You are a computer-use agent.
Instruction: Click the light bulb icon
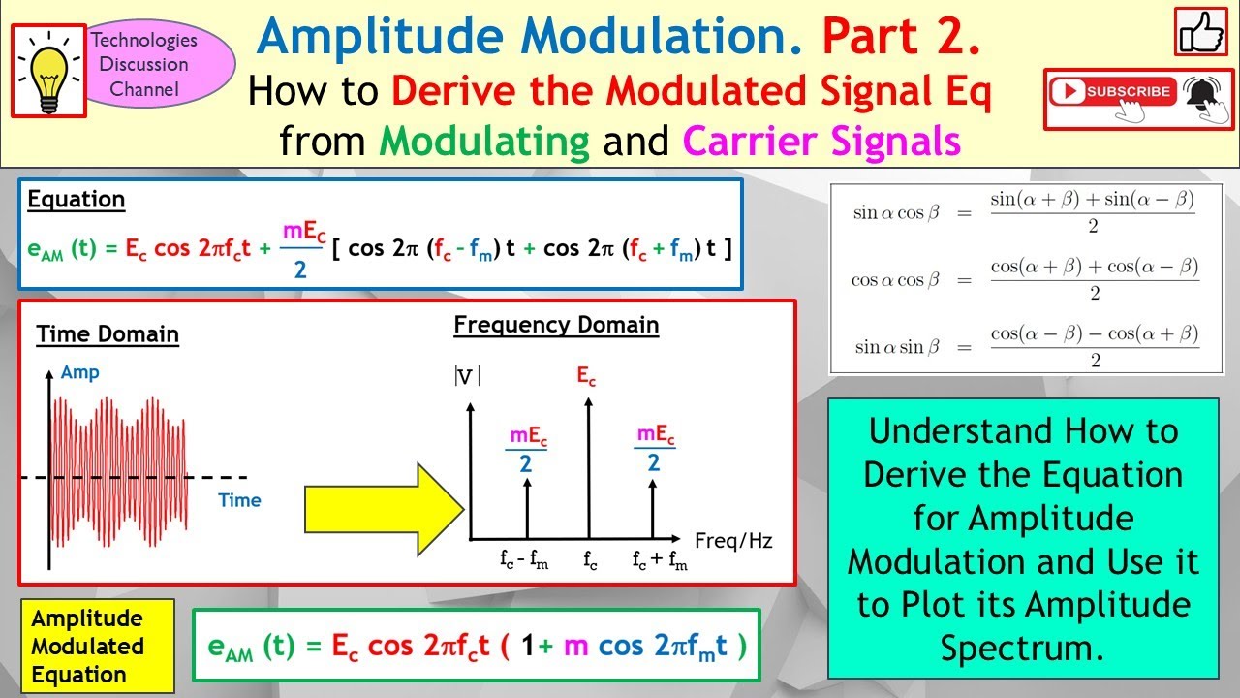(x=48, y=71)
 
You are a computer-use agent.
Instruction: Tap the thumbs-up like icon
(x=1201, y=32)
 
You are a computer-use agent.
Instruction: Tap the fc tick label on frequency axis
(x=588, y=559)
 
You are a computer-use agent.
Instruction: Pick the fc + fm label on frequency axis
(x=659, y=560)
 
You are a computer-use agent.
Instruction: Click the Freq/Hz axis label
(x=733, y=541)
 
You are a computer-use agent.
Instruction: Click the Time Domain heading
(x=108, y=334)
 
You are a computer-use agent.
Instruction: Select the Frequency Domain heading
(x=556, y=325)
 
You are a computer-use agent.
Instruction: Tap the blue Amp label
(x=79, y=372)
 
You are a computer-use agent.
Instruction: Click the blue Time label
(x=239, y=500)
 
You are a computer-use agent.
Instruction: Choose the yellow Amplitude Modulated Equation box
(x=97, y=647)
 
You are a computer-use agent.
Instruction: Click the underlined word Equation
(x=77, y=200)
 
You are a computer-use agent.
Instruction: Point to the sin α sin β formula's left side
(x=896, y=346)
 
